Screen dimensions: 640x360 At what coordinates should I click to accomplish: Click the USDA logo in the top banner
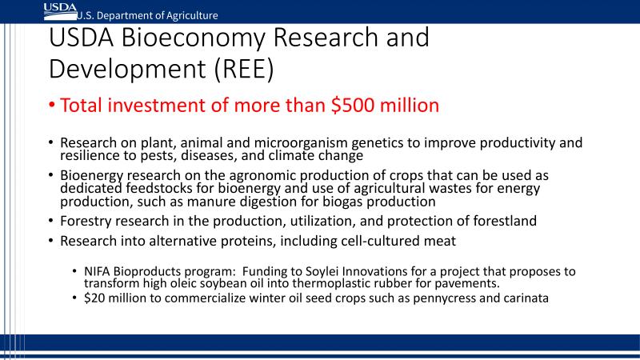click(61, 11)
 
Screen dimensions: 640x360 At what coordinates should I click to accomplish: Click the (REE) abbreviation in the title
click(244, 69)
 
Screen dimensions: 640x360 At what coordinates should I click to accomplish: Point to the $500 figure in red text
click(353, 106)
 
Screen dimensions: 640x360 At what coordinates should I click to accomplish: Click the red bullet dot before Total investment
click(52, 105)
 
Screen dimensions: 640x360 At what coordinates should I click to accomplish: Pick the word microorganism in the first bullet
click(301, 143)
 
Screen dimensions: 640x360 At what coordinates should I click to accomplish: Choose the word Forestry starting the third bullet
click(86, 222)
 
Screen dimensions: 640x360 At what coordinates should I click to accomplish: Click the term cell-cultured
click(372, 241)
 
